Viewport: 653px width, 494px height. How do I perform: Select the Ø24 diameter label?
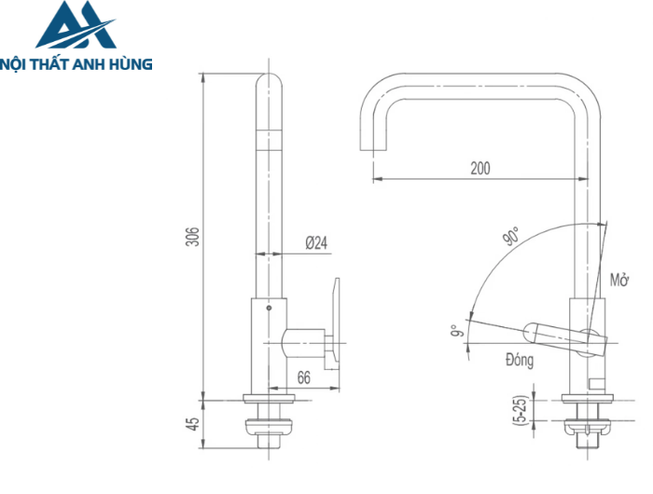[x=316, y=243]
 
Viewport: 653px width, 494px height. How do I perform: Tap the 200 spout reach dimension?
[x=480, y=169]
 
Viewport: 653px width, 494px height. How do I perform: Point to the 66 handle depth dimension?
[x=304, y=377]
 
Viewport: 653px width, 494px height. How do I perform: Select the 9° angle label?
[x=455, y=332]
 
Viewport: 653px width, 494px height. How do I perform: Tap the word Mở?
[x=619, y=279]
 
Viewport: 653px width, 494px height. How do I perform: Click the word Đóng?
[x=519, y=361]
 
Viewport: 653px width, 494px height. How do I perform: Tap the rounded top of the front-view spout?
[x=268, y=81]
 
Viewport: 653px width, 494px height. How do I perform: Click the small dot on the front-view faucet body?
[x=269, y=307]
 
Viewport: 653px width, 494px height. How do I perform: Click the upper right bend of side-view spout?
[x=579, y=89]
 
